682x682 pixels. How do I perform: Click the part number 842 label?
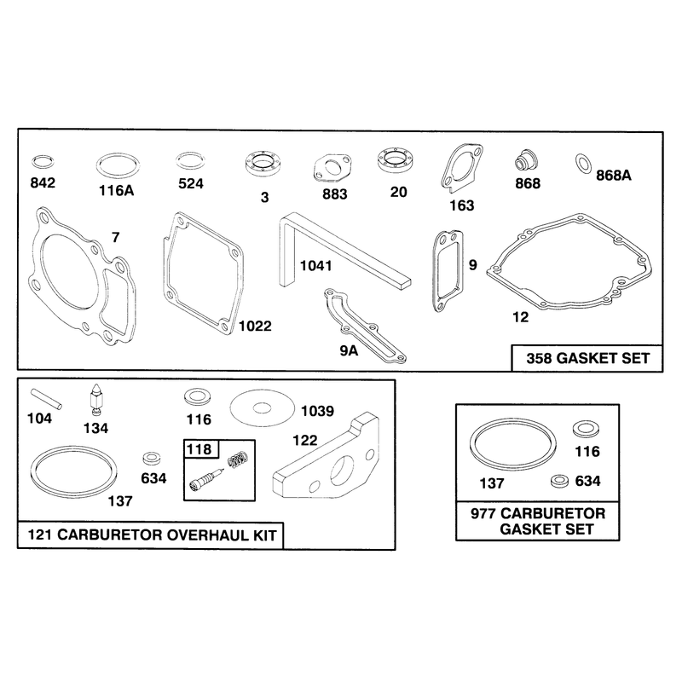pos(43,183)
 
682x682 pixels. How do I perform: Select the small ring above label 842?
pos(43,162)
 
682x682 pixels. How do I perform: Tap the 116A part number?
pos(117,190)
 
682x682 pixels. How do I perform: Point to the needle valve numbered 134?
pos(95,399)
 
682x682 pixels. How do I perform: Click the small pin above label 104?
pos(46,399)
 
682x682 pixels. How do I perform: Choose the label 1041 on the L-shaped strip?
pos(315,266)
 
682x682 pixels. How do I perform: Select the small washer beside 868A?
pos(583,163)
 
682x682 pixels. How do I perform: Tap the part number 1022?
pos(255,327)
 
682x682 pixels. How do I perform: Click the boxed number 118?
pos(199,449)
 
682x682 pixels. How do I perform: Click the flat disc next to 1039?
pos(262,407)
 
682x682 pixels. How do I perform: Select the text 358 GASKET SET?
pos(588,358)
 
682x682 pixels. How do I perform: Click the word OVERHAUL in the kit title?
pos(208,535)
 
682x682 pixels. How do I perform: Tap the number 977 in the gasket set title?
pos(483,514)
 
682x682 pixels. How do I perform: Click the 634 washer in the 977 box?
pos(559,481)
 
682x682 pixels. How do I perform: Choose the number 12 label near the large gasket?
pos(521,317)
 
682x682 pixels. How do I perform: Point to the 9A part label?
pos(349,350)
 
